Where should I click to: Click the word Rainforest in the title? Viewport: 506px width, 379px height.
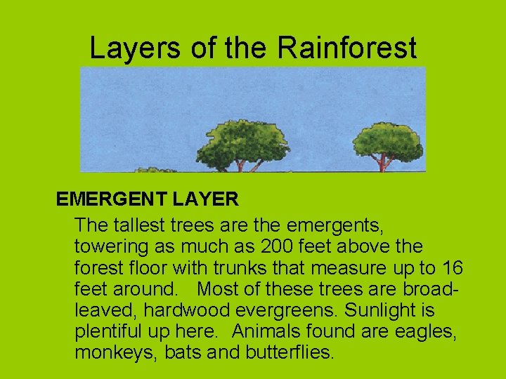pyautogui.click(x=346, y=48)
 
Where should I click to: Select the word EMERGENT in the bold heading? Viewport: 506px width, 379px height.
pyautogui.click(x=111, y=199)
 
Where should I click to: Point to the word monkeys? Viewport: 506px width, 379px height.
pyautogui.click(x=116, y=352)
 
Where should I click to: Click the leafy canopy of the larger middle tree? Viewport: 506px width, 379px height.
pyautogui.click(x=242, y=140)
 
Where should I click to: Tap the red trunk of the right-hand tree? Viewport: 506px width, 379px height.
pyautogui.click(x=383, y=164)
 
